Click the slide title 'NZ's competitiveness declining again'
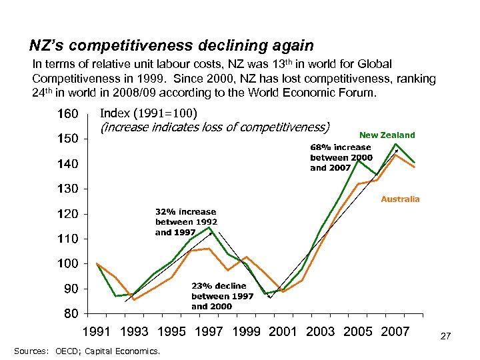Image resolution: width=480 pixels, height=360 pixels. click(171, 45)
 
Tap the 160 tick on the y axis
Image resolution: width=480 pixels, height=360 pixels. click(68, 113)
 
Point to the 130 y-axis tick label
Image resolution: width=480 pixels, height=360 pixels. click(68, 189)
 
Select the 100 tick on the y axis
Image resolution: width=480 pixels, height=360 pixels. click(68, 264)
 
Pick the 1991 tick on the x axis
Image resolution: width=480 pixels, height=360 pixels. click(98, 331)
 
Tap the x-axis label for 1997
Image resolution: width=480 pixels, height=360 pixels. click(209, 331)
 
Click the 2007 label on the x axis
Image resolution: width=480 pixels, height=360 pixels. click(395, 331)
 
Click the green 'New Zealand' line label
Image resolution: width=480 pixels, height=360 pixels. click(387, 135)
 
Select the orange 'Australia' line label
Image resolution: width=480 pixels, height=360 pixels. click(400, 199)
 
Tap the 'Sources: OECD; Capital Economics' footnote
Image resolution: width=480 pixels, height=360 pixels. click(86, 350)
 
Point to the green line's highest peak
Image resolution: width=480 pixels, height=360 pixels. click(396, 144)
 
